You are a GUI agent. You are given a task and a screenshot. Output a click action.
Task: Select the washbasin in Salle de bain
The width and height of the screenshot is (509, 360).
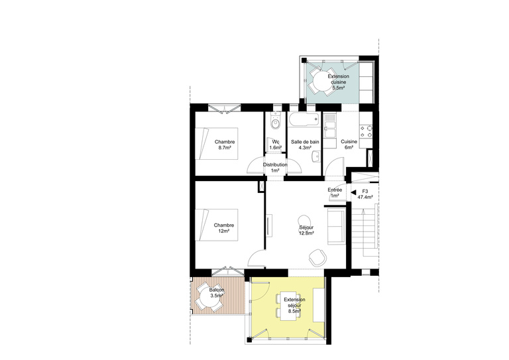(x=317, y=156)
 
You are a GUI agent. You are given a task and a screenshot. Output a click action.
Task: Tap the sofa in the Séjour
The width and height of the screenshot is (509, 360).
(x=335, y=225)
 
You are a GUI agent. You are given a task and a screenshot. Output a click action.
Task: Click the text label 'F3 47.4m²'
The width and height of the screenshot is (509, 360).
(x=365, y=194)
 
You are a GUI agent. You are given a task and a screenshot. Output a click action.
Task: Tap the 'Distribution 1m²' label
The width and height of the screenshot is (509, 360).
(x=275, y=167)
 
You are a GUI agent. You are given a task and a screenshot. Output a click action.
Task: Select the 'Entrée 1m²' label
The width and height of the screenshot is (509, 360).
(x=335, y=193)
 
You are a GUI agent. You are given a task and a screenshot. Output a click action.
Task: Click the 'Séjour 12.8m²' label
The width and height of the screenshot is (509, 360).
(x=306, y=230)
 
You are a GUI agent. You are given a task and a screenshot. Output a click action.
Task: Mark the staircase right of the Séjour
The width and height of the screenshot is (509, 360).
(x=366, y=236)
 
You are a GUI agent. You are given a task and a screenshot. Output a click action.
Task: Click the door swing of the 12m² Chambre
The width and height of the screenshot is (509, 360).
(x=256, y=260)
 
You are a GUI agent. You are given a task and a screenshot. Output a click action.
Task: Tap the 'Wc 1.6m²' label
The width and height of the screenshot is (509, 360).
(x=275, y=144)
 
